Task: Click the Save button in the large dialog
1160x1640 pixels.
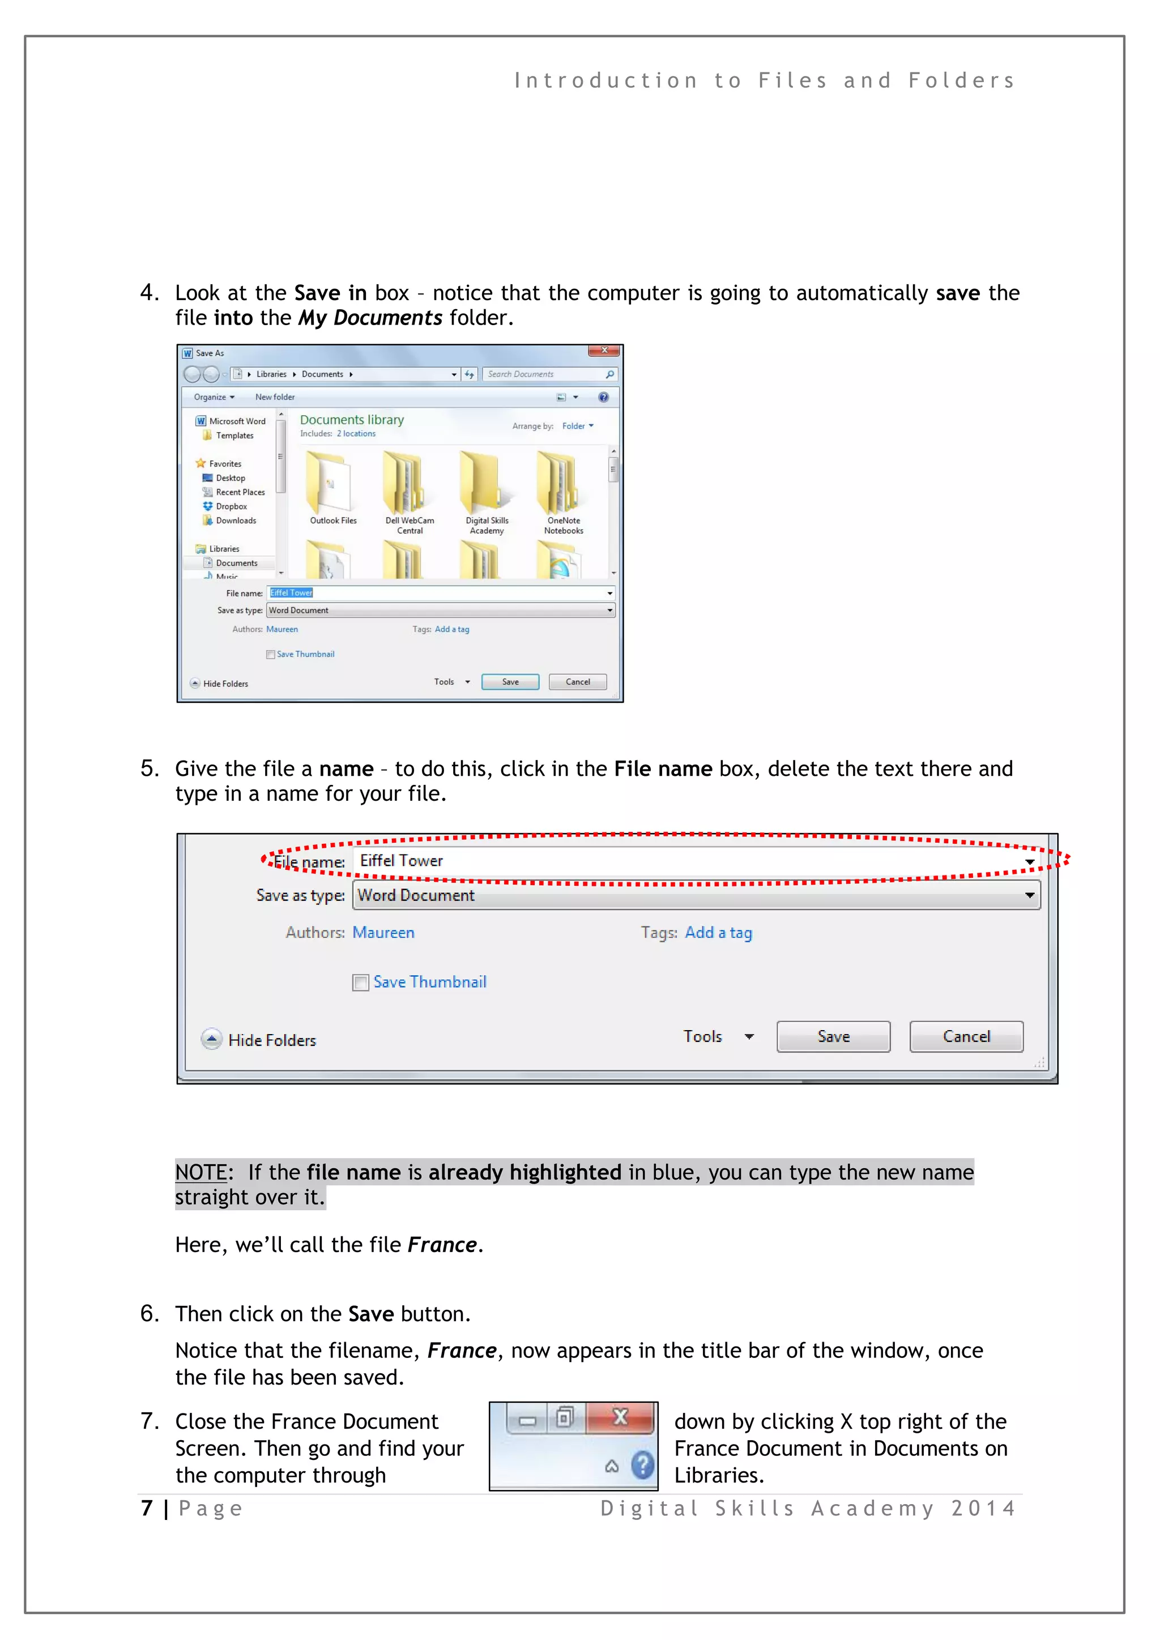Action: point(833,1036)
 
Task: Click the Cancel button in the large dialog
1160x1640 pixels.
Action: point(966,1036)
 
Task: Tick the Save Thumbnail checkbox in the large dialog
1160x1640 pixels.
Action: point(361,983)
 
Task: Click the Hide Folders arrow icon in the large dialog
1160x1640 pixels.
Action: point(211,1039)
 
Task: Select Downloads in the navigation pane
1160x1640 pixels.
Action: point(235,521)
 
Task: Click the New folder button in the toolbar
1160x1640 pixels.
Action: point(275,397)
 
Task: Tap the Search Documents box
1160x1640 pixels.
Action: point(543,374)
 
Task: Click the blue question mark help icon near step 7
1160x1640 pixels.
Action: point(643,1466)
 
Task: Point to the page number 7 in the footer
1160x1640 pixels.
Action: point(147,1508)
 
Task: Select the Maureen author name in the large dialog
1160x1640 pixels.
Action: point(383,932)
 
